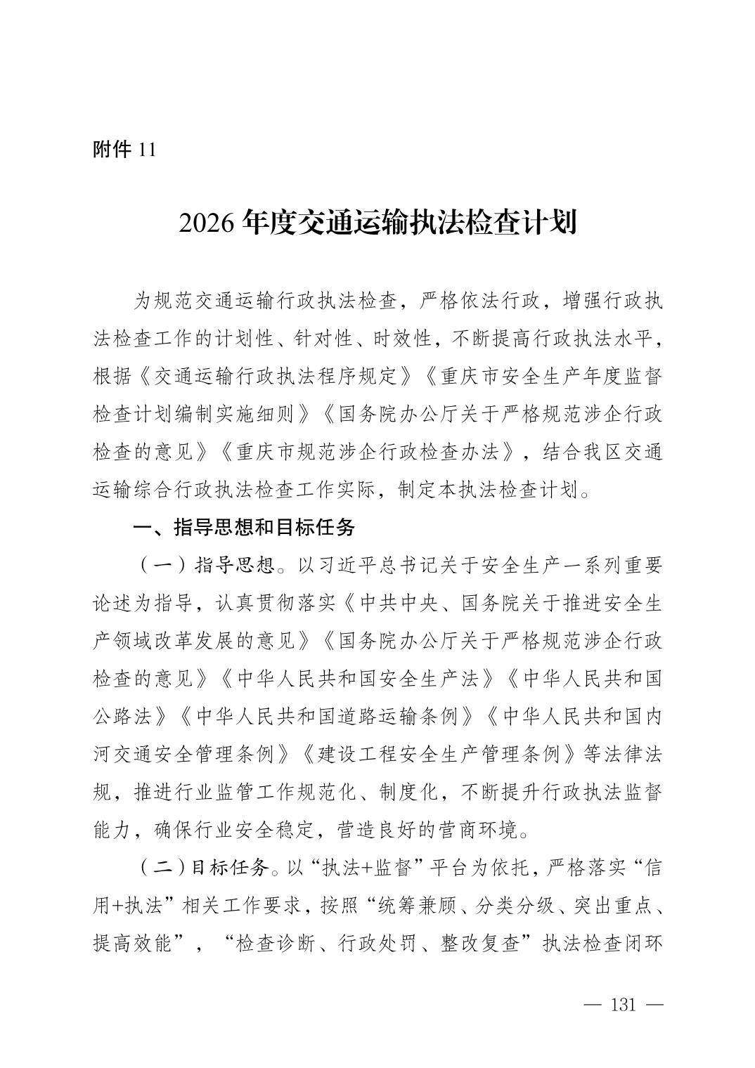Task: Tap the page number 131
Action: [x=623, y=1005]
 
